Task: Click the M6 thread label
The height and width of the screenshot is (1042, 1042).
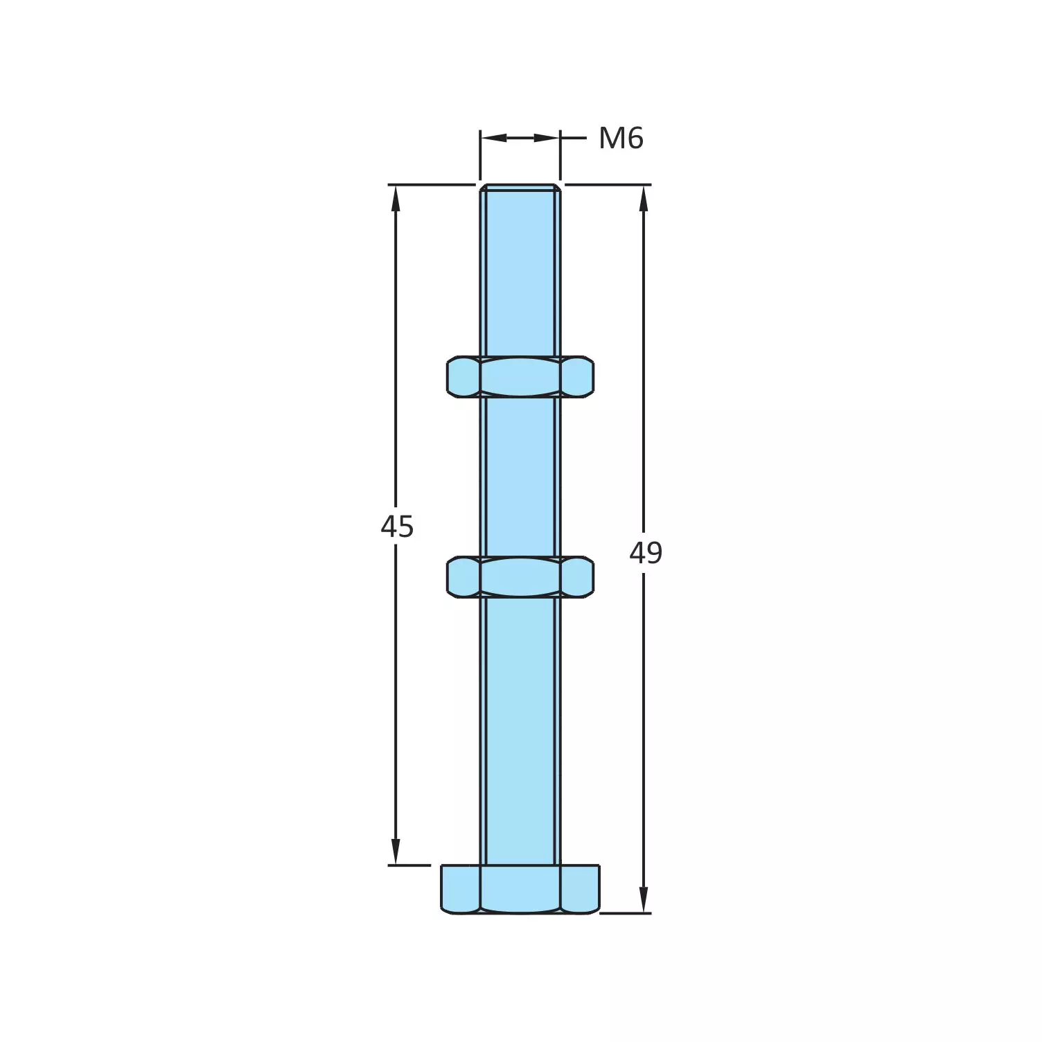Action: (x=621, y=139)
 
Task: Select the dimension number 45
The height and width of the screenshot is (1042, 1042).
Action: (x=397, y=527)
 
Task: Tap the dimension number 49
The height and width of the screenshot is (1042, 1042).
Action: (x=646, y=553)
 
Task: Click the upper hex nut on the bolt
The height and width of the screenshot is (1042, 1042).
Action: (x=520, y=377)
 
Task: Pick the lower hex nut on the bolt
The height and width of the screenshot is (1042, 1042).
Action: (x=520, y=576)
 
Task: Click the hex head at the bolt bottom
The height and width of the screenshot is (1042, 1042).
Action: (x=520, y=889)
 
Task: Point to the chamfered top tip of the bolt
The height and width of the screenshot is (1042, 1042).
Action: (x=520, y=188)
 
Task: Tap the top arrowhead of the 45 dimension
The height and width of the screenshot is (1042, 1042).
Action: (x=396, y=198)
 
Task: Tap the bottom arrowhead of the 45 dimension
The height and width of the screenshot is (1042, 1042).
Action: (x=396, y=852)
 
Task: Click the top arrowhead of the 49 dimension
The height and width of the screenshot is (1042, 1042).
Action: (x=644, y=198)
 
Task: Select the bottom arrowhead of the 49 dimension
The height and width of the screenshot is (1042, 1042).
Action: (x=644, y=900)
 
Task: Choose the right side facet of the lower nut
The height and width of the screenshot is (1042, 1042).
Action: (x=577, y=576)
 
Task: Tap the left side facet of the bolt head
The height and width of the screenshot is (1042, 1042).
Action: (x=460, y=889)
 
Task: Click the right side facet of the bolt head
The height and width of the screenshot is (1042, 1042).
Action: (x=580, y=889)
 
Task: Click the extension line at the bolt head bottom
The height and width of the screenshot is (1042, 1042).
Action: (x=625, y=913)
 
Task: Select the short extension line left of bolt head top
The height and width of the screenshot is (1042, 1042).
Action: (x=409, y=865)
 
